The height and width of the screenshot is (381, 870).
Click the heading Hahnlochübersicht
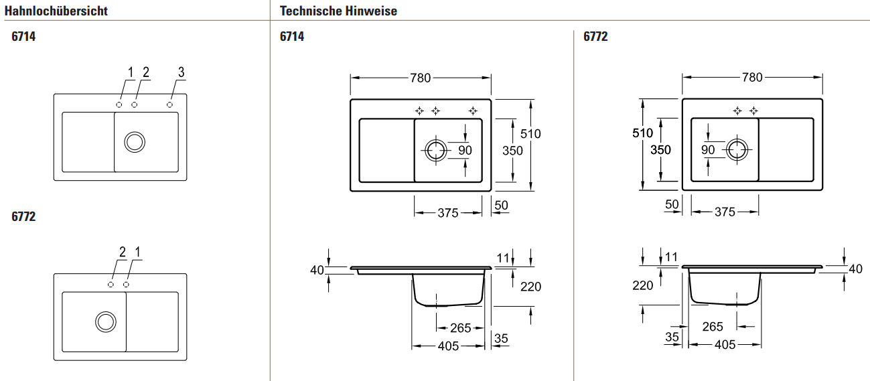coord(56,11)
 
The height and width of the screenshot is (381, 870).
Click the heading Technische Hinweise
coord(338,11)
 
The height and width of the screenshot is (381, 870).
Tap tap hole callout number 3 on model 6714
coord(181,72)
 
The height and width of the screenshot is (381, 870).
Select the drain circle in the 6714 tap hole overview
coord(135,142)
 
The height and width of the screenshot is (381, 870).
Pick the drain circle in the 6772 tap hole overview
coord(106,322)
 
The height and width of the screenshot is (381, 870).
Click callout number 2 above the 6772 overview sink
coord(123,252)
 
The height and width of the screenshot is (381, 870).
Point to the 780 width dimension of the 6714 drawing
coord(420,78)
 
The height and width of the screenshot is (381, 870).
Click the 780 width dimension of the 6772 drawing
coord(752,77)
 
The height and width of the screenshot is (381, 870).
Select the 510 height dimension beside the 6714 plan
coord(530,134)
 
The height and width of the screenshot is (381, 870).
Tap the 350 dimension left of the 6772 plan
coord(660,149)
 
